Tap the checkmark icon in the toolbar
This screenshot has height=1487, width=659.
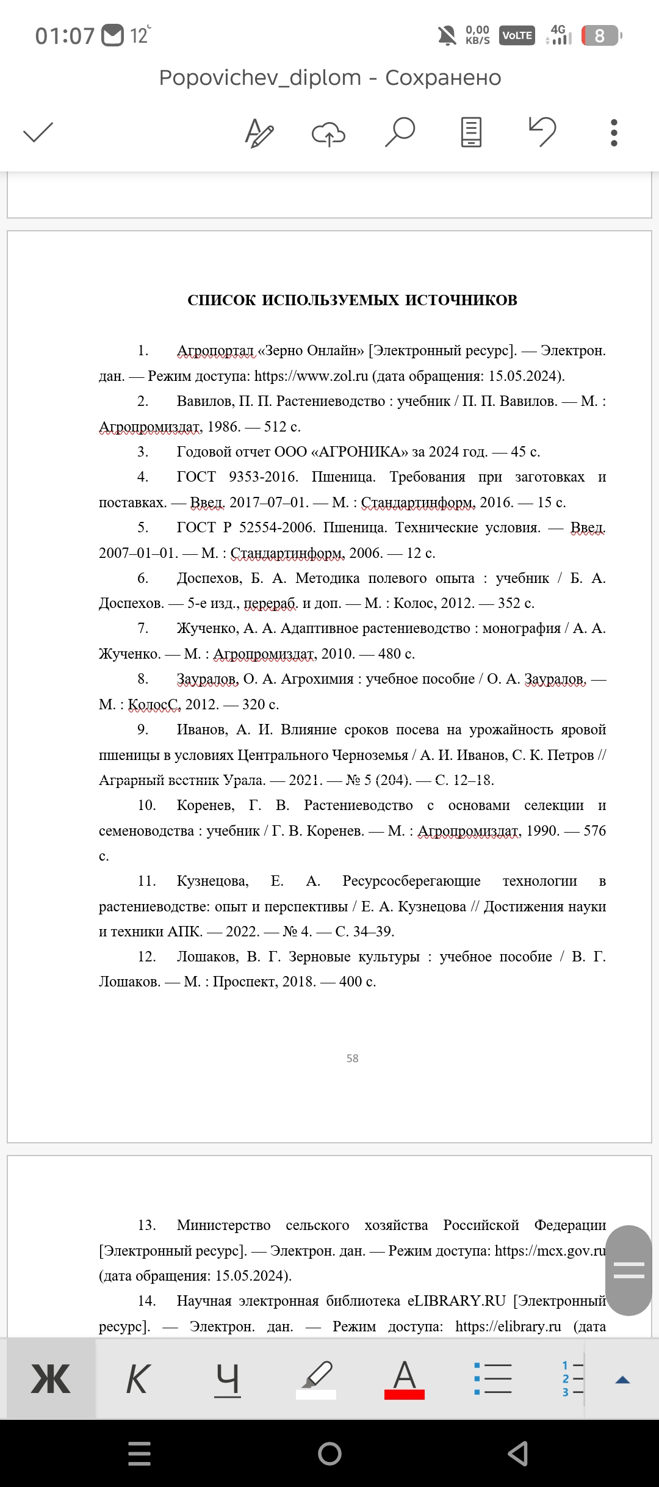38,132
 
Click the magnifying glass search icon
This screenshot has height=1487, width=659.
400,132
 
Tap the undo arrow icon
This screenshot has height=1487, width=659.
542,132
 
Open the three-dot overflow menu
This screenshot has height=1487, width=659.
614,132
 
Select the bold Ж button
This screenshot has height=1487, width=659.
51,1379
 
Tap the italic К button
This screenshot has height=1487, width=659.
138,1379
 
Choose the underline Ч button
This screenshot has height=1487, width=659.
228,1379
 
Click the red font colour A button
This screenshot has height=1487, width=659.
404,1379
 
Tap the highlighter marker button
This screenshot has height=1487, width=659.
316,1379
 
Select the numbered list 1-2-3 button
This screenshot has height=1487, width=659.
572,1379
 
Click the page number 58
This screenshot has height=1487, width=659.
353,1058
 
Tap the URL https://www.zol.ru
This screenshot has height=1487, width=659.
311,376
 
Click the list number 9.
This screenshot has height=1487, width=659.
143,729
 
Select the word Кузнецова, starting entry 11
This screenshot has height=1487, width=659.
212,881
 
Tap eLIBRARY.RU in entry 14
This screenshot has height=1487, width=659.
456,1301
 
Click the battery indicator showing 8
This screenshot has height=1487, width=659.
601,36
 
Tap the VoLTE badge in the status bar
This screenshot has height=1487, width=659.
517,36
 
